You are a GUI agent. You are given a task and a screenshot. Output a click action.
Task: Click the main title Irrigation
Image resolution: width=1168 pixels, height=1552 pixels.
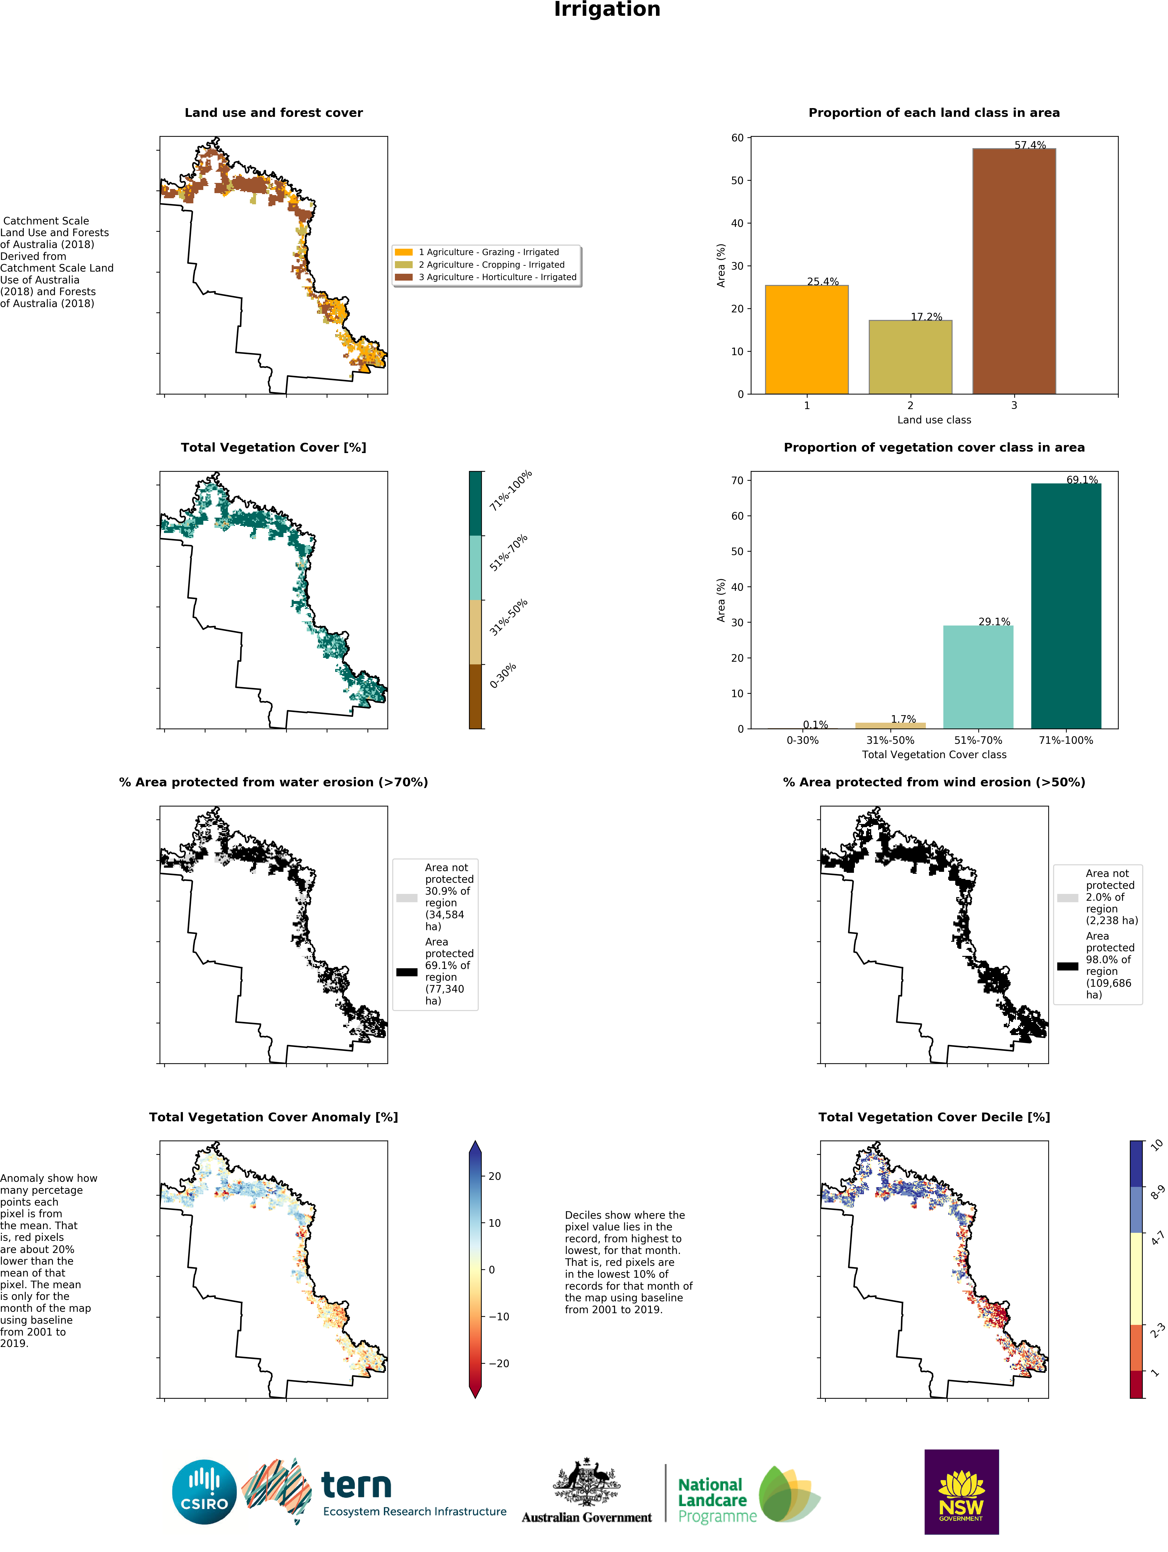[x=607, y=10]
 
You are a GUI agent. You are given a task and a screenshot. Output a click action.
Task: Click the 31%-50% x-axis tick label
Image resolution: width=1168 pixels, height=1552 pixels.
[x=890, y=740]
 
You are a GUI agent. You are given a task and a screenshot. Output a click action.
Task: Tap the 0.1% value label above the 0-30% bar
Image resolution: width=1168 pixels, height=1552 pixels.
[x=815, y=724]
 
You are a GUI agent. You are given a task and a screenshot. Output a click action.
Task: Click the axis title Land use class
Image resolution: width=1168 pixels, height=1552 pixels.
[x=934, y=420]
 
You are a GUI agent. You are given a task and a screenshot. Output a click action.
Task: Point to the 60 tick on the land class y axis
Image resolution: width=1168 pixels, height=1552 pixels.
[x=737, y=138]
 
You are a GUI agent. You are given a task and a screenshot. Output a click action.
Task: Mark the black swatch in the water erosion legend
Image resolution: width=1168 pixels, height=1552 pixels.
[x=407, y=972]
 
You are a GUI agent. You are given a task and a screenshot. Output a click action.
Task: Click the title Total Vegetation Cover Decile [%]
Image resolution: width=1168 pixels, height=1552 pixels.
[x=934, y=1117]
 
